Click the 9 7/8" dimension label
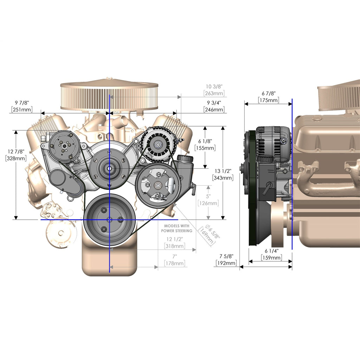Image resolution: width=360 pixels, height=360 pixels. pyautogui.click(x=22, y=103)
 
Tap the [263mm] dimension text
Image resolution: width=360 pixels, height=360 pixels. pyautogui.click(x=214, y=93)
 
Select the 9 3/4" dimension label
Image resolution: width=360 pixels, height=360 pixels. pyautogui.click(x=214, y=103)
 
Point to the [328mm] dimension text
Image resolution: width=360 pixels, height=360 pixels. pyautogui.click(x=16, y=158)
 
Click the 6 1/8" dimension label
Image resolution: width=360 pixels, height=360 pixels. pyautogui.click(x=205, y=141)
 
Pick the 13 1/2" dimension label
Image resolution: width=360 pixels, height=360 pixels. pyautogui.click(x=223, y=171)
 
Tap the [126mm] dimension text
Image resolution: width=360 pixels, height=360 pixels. pyautogui.click(x=208, y=203)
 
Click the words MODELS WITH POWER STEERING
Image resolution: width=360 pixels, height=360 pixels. pyautogui.click(x=176, y=228)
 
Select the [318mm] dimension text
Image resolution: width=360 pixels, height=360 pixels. pyautogui.click(x=175, y=246)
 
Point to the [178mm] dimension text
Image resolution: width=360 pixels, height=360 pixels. pyautogui.click(x=175, y=263)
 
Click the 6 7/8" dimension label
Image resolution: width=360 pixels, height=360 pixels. pyautogui.click(x=269, y=94)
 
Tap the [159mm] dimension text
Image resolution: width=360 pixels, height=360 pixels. pyautogui.click(x=272, y=258)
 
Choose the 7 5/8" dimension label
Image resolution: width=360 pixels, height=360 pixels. pyautogui.click(x=226, y=256)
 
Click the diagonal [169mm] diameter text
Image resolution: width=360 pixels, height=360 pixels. pyautogui.click(x=206, y=236)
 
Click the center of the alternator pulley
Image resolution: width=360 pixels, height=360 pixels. pyautogui.click(x=158, y=144)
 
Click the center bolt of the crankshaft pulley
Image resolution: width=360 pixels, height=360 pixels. pyautogui.click(x=110, y=219)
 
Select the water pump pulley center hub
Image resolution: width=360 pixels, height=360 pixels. pyautogui.click(x=109, y=168)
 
